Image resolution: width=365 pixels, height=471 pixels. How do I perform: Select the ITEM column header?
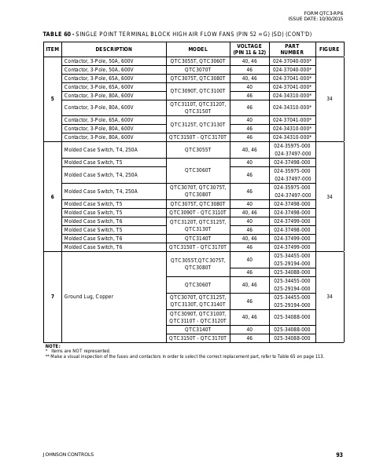tap(53, 49)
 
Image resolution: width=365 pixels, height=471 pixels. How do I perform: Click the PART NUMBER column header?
tap(292, 49)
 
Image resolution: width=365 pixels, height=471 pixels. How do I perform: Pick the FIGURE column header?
tap(330, 49)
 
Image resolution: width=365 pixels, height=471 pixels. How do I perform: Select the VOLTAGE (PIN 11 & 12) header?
tap(249, 49)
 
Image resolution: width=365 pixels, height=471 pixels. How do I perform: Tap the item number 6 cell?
tap(53, 196)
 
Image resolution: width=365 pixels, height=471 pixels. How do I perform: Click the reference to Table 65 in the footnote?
tap(278, 356)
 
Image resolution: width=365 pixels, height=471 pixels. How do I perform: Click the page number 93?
tap(339, 454)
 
